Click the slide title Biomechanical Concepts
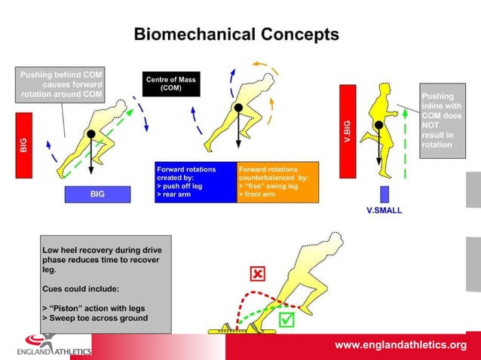236,35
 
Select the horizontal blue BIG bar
97,194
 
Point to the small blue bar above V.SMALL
384,194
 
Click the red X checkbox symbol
258,273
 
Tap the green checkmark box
286,322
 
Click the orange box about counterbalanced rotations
277,182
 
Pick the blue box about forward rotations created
195,182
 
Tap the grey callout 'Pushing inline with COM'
437,121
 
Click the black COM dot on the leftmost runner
91,134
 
